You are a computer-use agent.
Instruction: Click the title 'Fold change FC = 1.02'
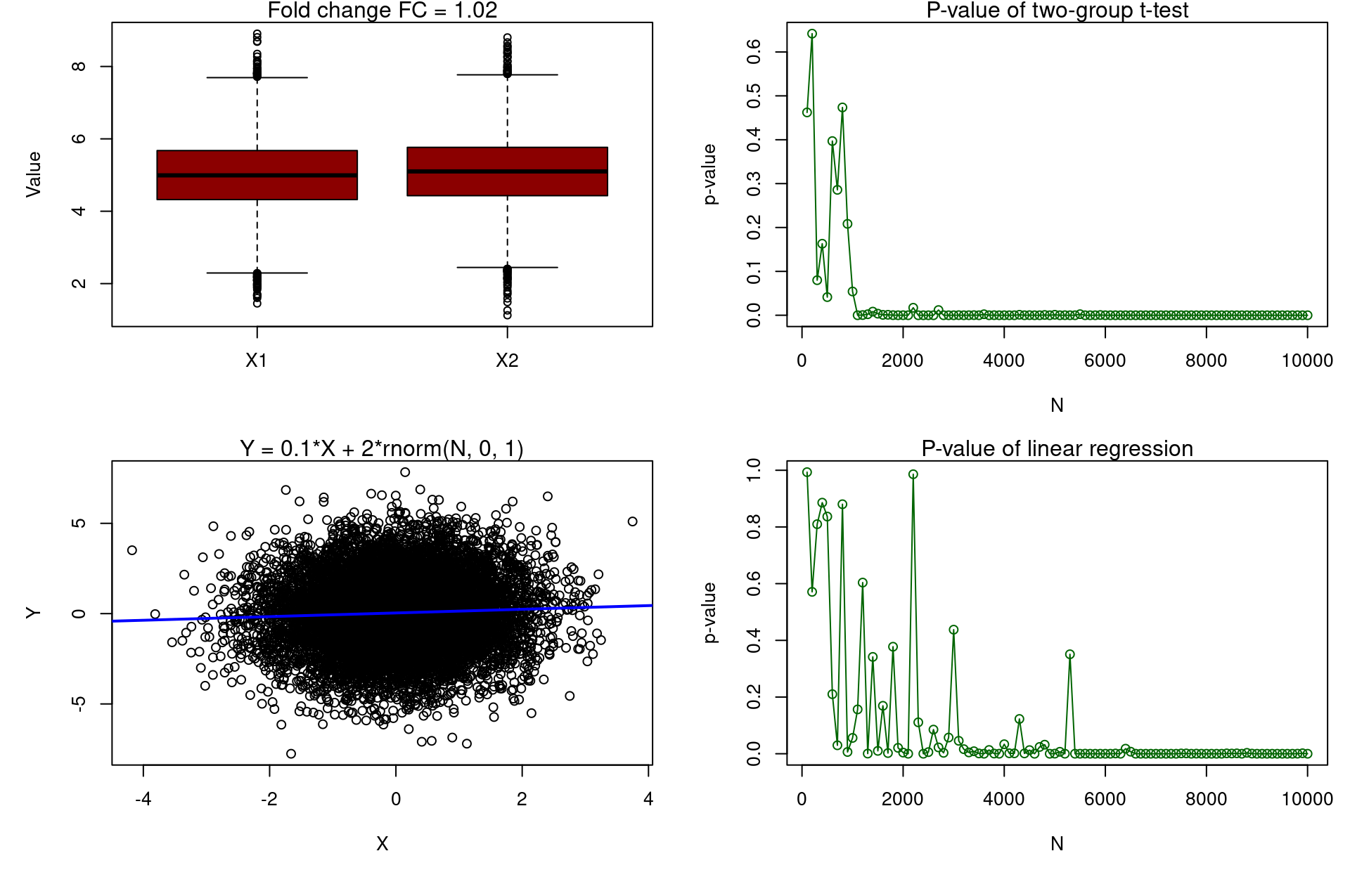coord(382,11)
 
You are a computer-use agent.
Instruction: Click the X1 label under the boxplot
coord(257,360)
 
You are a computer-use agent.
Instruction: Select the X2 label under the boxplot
coord(507,360)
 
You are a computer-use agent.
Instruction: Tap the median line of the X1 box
coord(257,175)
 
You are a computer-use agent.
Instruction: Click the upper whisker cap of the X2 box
coord(507,74)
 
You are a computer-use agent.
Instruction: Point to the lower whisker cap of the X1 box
coord(257,273)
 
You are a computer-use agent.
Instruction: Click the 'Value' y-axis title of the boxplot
coord(33,174)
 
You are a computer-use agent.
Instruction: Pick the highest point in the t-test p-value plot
coord(812,34)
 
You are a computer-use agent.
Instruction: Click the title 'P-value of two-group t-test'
coord(1057,11)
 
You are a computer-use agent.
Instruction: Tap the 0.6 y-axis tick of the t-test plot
coord(754,52)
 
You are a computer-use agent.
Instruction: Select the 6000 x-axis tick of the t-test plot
coord(1105,360)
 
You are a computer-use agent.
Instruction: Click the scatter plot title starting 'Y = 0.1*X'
coord(382,448)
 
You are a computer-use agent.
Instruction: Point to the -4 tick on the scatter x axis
coord(143,799)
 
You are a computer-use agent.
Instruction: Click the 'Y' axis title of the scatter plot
coord(33,613)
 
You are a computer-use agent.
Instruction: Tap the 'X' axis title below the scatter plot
coord(382,843)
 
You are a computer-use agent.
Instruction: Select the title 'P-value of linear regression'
coord(1057,448)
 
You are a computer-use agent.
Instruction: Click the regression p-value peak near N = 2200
coord(913,474)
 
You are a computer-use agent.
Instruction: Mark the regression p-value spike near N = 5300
coord(1070,654)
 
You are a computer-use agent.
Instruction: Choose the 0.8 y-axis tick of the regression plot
coord(754,527)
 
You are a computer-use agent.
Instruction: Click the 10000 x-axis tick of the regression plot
coord(1307,799)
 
